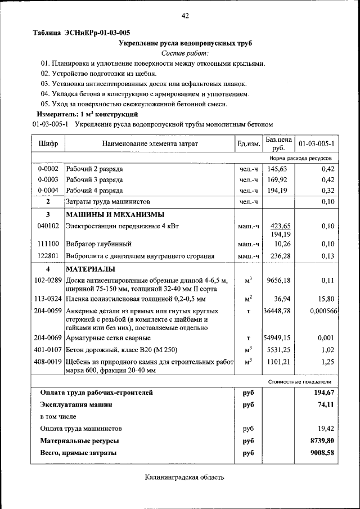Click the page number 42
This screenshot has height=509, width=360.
click(x=184, y=16)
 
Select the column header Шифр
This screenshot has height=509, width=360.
click(x=48, y=144)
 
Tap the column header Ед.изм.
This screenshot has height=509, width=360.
click(x=249, y=145)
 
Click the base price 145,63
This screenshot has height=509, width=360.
click(x=277, y=169)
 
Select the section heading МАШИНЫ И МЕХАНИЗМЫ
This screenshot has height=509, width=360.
click(x=115, y=214)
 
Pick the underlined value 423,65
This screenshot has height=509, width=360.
click(x=280, y=226)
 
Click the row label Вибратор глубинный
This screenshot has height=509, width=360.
click(x=99, y=245)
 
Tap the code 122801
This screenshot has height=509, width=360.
click(x=48, y=256)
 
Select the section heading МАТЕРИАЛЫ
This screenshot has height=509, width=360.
click(x=91, y=269)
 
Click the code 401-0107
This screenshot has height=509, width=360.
click(x=48, y=349)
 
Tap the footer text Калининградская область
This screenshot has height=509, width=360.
click(x=184, y=478)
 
